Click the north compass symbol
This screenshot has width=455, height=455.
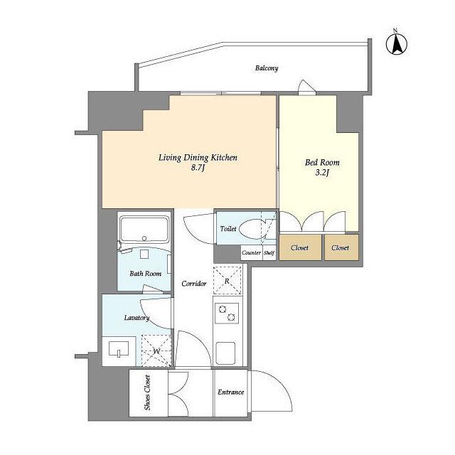coord(397,43)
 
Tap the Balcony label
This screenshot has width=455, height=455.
coord(267,68)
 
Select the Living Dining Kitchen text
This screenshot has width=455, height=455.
coord(198,158)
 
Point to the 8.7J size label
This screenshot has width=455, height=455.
coord(198,168)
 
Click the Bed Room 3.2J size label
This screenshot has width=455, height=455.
coord(322,173)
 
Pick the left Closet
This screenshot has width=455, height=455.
coord(300,247)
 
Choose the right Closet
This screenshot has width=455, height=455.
coord(341,247)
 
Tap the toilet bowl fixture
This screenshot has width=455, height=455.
coord(255,229)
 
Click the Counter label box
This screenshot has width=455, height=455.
coord(251,253)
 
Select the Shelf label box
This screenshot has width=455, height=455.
coord(269,253)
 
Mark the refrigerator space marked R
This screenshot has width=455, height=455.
coord(227,280)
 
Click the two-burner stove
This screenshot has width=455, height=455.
coord(227,314)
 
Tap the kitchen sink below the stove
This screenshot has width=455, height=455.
coord(225,353)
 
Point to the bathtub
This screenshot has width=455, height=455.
coord(144,229)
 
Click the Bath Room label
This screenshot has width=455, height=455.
coord(145,273)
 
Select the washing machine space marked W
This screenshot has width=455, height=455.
coord(156,350)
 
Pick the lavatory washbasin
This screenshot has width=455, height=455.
coord(119,349)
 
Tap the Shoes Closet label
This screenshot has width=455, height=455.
coord(147,392)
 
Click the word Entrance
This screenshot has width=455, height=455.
coord(230,392)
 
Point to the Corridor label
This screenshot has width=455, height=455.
coord(194,284)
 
